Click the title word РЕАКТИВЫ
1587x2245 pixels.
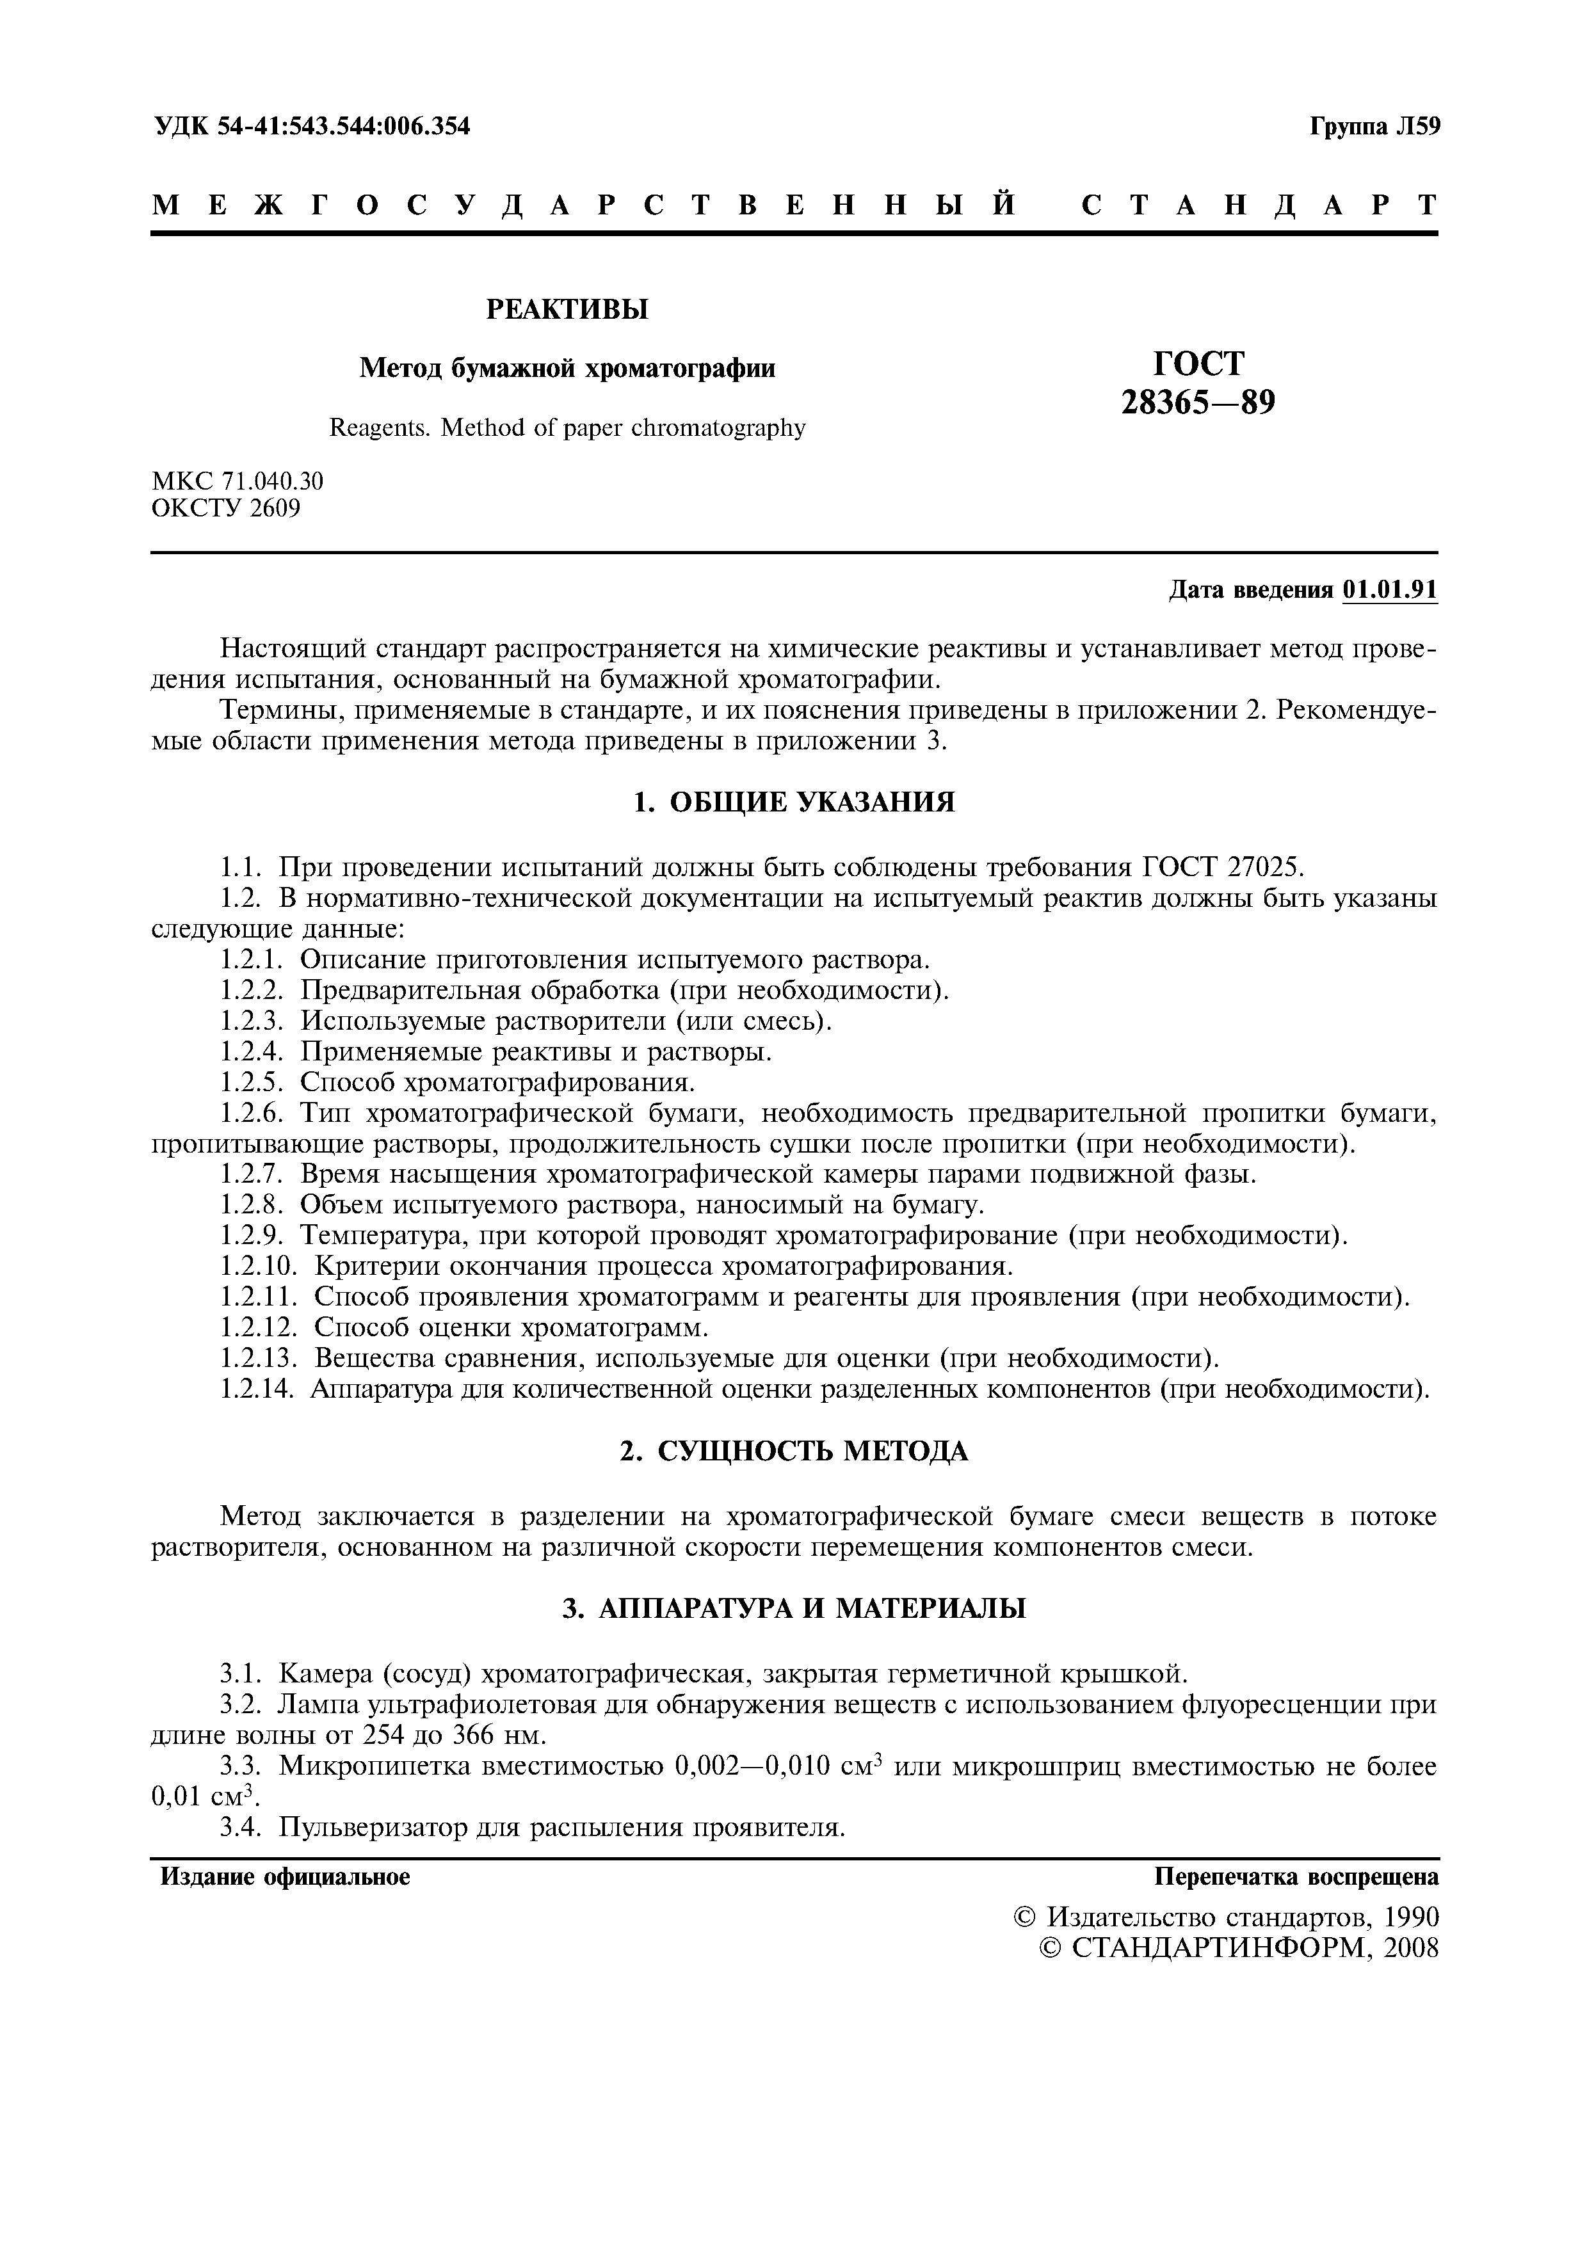tap(567, 310)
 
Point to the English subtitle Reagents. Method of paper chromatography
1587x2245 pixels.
tap(567, 427)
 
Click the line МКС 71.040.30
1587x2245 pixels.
tap(238, 481)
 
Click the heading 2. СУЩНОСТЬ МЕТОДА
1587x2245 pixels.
tap(793, 1452)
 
